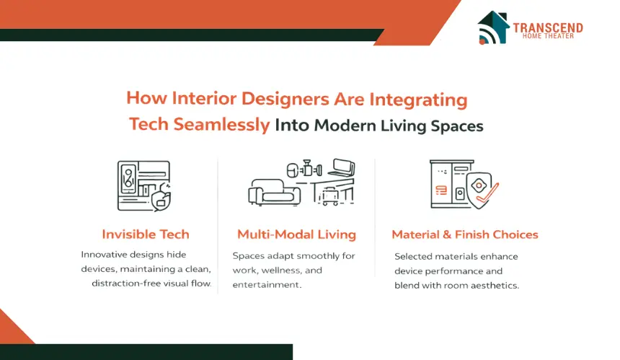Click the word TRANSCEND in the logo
548,28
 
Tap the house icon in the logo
493,27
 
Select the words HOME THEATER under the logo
548,36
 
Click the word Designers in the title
285,99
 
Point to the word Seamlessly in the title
221,124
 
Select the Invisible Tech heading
146,234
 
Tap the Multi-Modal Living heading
296,234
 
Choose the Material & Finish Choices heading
465,234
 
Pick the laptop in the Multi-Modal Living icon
341,167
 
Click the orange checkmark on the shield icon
487,196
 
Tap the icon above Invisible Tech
144,186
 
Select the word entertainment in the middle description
267,285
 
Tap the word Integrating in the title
418,100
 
